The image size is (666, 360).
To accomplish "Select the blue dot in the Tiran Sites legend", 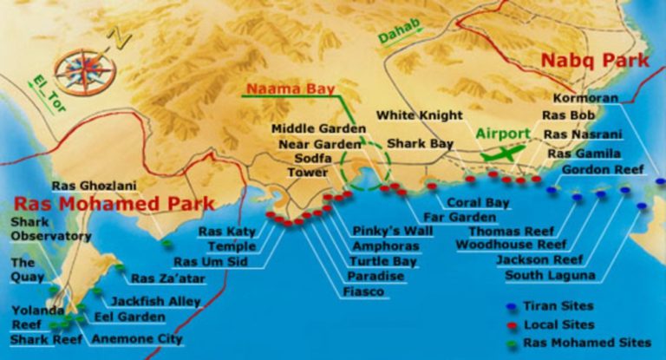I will coord(512,306).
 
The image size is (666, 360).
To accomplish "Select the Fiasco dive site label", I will coord(364,292).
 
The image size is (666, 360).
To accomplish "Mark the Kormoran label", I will coord(586,98).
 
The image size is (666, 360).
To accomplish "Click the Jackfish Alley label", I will coord(156,300).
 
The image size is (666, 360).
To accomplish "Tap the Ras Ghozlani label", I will coord(88,185).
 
